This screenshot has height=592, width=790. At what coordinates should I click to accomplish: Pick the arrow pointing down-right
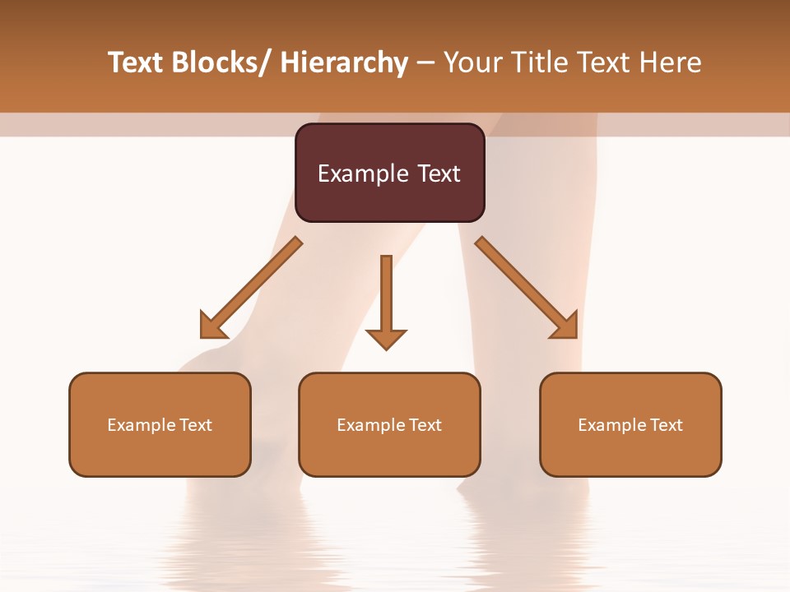pyautogui.click(x=527, y=288)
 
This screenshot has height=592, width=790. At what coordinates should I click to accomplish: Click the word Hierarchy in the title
pyautogui.click(x=344, y=63)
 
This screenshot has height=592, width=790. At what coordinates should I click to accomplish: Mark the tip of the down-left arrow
pyautogui.click(x=202, y=336)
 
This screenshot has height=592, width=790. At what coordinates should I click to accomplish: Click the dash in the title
pyautogui.click(x=425, y=63)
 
